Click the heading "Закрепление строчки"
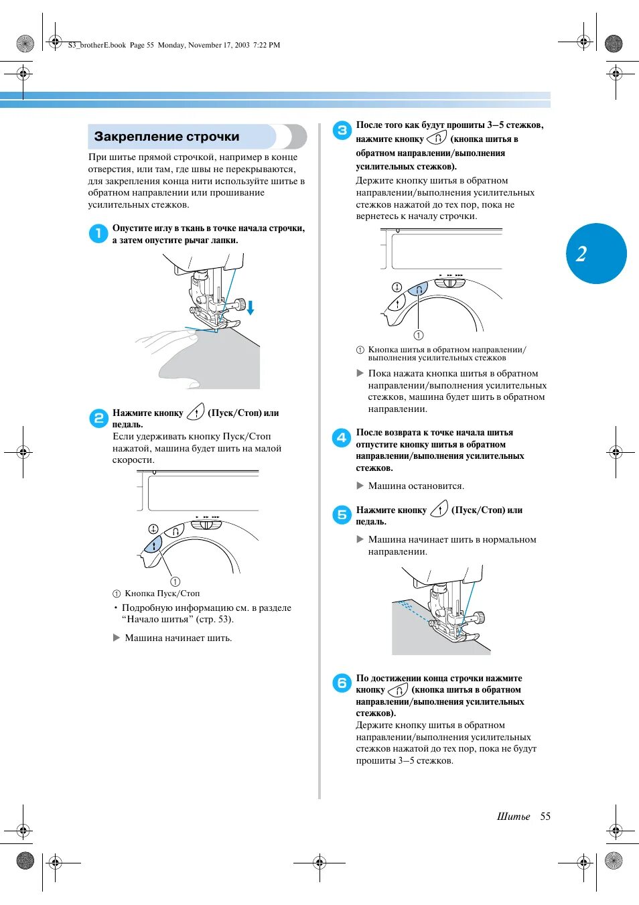167,137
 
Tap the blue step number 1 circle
98,233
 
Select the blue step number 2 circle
98,418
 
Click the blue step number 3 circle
342,131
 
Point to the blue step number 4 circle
342,438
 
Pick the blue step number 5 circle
342,515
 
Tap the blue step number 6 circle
342,683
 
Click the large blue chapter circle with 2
596,253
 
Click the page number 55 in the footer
545,816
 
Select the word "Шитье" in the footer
513,816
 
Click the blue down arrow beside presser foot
251,307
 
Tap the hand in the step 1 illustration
167,342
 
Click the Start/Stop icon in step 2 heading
196,412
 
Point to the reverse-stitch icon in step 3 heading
437,138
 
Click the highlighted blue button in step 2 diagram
154,545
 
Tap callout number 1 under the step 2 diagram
175,581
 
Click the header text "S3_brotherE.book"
96,45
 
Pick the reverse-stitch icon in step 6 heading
398,689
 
